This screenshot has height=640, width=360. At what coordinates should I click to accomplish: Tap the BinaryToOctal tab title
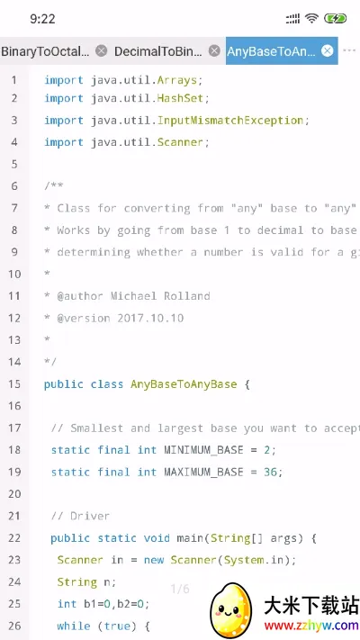pyautogui.click(x=45, y=51)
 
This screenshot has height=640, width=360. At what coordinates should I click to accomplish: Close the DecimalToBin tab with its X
pyautogui.click(x=214, y=50)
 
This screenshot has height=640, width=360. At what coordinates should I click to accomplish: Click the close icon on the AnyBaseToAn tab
pyautogui.click(x=327, y=50)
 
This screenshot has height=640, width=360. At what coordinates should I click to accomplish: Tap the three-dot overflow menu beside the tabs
pyautogui.click(x=349, y=50)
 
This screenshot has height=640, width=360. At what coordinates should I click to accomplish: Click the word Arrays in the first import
pyautogui.click(x=177, y=80)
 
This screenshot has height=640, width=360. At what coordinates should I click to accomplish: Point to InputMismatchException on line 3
pyautogui.click(x=230, y=121)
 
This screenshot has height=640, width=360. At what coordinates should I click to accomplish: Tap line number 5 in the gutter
pyautogui.click(x=14, y=164)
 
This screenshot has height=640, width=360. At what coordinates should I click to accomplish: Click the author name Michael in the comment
pyautogui.click(x=133, y=296)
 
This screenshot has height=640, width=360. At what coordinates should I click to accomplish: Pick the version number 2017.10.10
pyautogui.click(x=150, y=318)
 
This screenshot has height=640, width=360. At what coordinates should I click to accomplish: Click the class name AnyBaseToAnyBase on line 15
pyautogui.click(x=184, y=384)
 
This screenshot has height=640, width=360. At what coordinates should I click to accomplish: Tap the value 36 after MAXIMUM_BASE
pyautogui.click(x=270, y=473)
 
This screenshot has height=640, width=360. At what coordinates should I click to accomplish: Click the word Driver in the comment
pyautogui.click(x=90, y=517)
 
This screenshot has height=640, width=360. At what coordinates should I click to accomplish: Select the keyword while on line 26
pyautogui.click(x=74, y=626)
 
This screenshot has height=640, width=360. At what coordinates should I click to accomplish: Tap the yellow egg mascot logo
pyautogui.click(x=230, y=611)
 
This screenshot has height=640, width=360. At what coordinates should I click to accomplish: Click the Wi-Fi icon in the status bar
pyautogui.click(x=312, y=18)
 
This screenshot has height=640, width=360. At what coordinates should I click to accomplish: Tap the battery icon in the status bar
pyautogui.click(x=336, y=18)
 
